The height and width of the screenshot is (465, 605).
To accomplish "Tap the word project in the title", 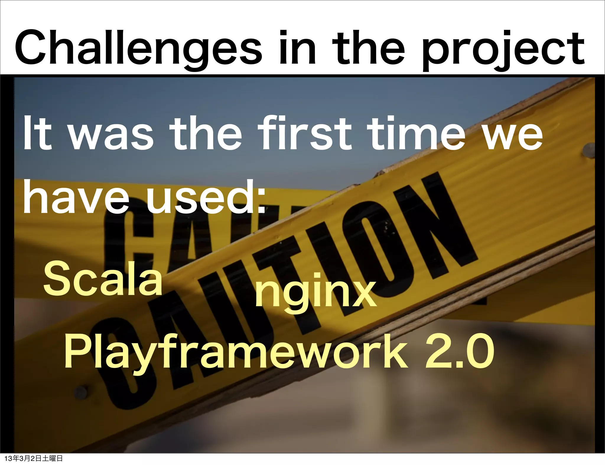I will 502,50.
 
